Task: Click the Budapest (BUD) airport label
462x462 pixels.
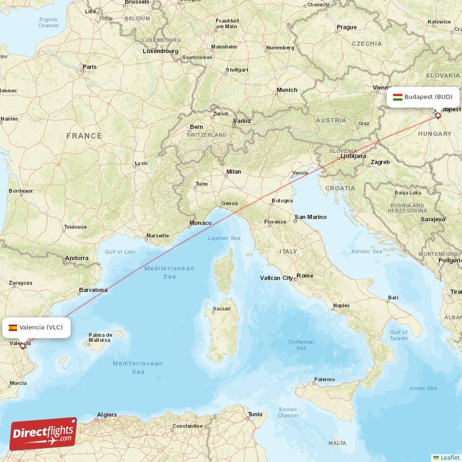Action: [428, 96]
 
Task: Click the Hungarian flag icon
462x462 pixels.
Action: [397, 96]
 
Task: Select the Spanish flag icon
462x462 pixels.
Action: [13, 327]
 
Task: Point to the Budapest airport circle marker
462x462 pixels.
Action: [438, 115]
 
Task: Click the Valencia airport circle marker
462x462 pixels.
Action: [23, 346]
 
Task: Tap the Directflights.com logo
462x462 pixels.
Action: [43, 434]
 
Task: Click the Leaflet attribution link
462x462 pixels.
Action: [449, 457]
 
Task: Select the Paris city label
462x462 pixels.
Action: [90, 67]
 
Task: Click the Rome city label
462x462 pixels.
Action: [304, 276]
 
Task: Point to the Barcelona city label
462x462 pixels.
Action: [93, 290]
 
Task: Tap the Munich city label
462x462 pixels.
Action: [287, 90]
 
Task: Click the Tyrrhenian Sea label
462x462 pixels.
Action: [301, 345]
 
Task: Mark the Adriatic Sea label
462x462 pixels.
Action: [369, 251]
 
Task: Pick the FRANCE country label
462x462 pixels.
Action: [84, 136]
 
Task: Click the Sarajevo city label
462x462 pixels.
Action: [433, 219]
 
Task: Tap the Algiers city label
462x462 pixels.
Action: [107, 415]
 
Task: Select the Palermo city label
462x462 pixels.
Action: [324, 379]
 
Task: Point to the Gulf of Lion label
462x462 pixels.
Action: [120, 251]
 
